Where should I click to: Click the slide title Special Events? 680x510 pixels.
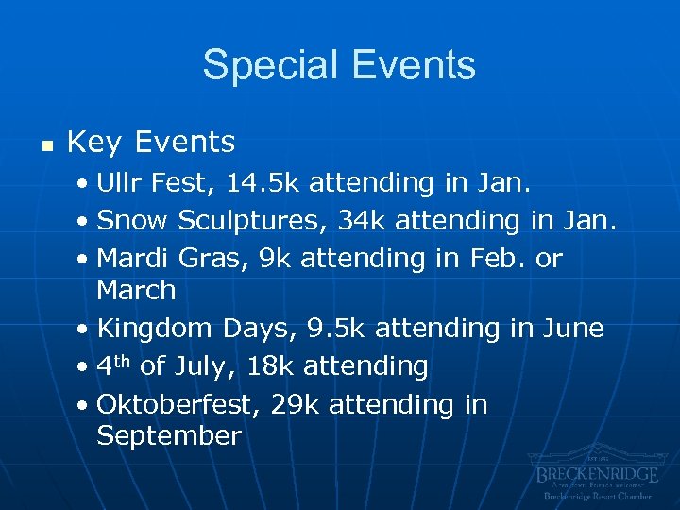click(339, 65)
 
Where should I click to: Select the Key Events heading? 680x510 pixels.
click(151, 143)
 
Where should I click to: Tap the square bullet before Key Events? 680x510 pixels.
click(44, 144)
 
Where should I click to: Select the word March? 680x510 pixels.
click(136, 290)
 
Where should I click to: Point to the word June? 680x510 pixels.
click(571, 329)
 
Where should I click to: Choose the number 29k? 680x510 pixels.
click(295, 404)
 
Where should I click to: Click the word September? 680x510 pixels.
click(169, 436)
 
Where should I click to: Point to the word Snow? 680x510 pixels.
click(132, 220)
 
